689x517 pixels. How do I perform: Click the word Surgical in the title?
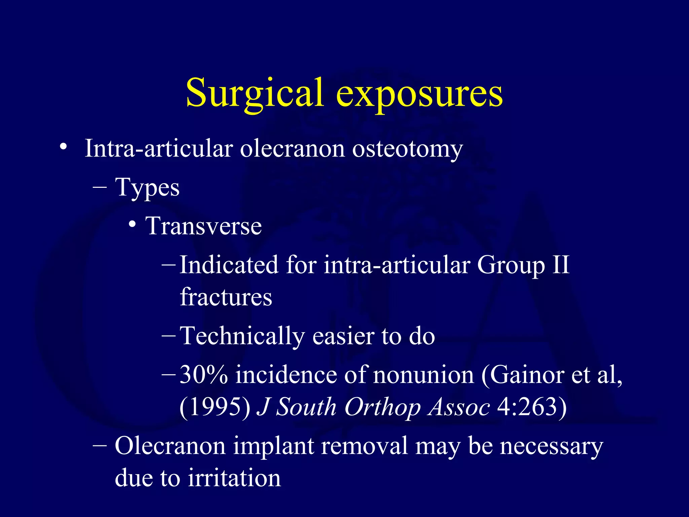255,93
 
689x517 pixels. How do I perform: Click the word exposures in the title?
419,93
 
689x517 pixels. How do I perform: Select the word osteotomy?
407,149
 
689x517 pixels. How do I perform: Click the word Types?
147,188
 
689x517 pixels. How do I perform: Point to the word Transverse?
204,226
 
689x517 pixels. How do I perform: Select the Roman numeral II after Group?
560,265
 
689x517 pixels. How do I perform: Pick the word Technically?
242,336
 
